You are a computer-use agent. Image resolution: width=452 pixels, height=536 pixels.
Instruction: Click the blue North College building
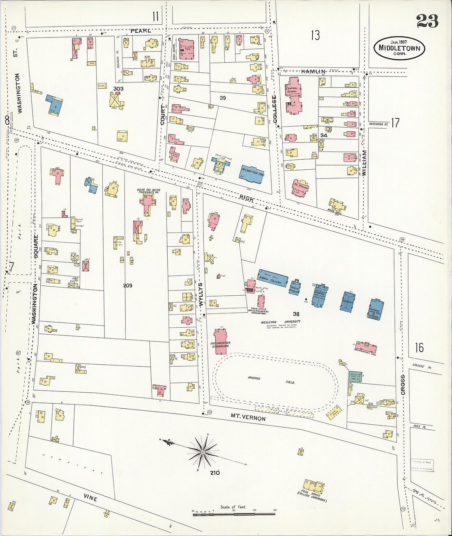pyautogui.click(x=272, y=278)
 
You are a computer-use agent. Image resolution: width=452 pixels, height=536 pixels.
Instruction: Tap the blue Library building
pyautogui.click(x=348, y=302)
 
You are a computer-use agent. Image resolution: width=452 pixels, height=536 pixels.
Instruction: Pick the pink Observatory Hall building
pyautogui.click(x=366, y=347)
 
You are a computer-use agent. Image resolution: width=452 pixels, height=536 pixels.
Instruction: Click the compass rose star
pyautogui.click(x=203, y=452)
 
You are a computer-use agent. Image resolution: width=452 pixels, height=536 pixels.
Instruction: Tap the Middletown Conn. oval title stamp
pyautogui.click(x=399, y=48)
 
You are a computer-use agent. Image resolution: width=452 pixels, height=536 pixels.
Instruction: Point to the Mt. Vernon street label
pyautogui.click(x=248, y=417)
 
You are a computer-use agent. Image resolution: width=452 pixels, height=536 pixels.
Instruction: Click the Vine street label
pyautogui.click(x=90, y=498)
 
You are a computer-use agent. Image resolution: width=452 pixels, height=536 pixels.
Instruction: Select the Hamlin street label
pyautogui.click(x=313, y=71)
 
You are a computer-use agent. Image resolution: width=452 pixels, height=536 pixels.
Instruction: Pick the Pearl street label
pyautogui.click(x=141, y=31)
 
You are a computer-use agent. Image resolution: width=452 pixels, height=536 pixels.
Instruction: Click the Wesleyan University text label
pyautogui.click(x=281, y=322)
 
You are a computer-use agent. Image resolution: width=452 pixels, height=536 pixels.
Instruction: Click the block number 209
pyautogui.click(x=128, y=285)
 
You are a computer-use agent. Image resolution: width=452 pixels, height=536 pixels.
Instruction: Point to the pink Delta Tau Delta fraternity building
pyautogui.click(x=148, y=202)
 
